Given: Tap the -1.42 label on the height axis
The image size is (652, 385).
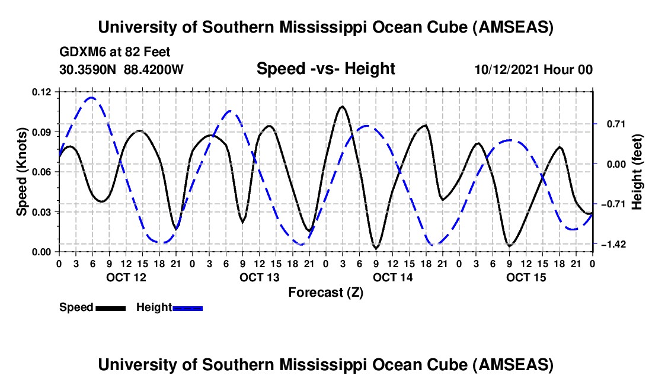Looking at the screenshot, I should (x=613, y=244).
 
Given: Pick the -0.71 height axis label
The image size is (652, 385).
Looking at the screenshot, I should (x=613, y=204).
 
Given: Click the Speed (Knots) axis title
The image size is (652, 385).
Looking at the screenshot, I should (x=22, y=172).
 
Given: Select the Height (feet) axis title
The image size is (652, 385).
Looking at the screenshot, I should (x=638, y=172).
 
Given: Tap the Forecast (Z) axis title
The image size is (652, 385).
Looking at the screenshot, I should (x=325, y=292).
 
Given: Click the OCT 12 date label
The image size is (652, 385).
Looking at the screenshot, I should (x=126, y=277).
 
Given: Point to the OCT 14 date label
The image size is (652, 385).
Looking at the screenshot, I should (x=392, y=277).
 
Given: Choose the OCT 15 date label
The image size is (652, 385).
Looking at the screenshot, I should (x=526, y=277).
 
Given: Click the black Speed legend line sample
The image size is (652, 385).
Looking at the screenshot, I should (x=110, y=308).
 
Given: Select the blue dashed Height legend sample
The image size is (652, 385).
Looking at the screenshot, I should (x=187, y=308).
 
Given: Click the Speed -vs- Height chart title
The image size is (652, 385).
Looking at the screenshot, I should (x=325, y=69).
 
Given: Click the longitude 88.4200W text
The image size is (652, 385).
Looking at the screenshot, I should (x=154, y=70).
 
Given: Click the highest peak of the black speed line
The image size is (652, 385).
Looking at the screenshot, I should (x=342, y=107).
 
